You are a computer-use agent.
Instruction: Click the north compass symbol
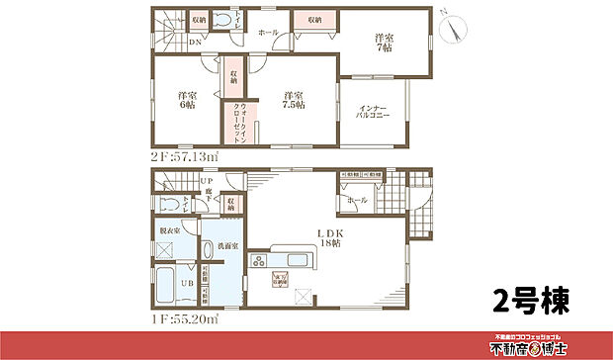(454, 29)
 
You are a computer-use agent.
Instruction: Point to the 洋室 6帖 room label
(184, 102)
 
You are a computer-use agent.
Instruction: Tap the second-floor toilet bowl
(223, 19)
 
